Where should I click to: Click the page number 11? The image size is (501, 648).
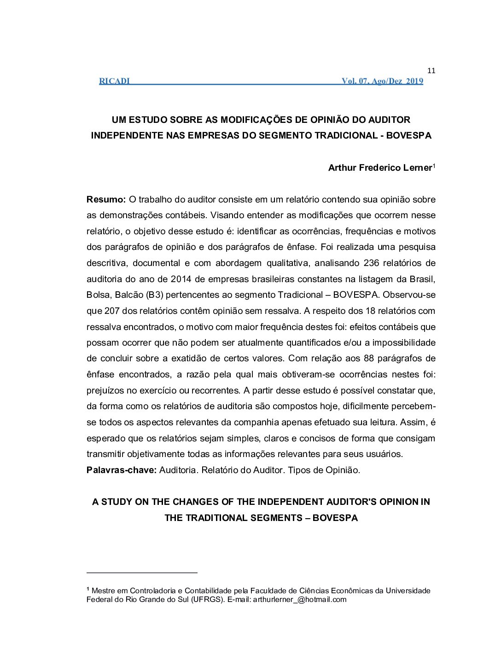pos(431,71)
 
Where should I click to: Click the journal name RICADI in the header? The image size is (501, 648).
pos(114,81)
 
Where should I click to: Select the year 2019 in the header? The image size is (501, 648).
pos(414,81)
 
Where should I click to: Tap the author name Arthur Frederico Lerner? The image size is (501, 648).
pos(380,168)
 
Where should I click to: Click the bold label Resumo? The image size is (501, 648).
pos(106,200)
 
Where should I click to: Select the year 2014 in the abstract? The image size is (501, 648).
pos(181,279)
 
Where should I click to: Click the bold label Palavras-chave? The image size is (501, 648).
pos(122,470)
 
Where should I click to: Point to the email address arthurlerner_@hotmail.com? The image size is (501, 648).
pos(299,600)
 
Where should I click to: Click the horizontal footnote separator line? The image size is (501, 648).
pos(142,573)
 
